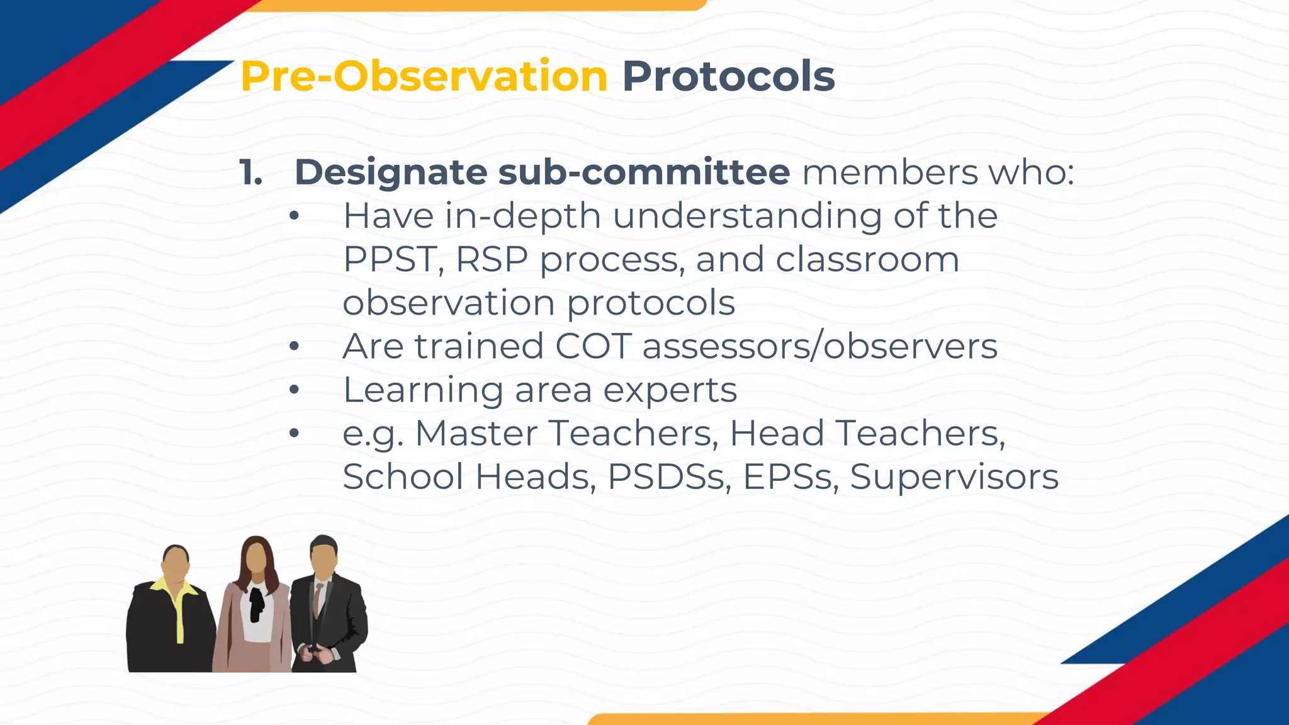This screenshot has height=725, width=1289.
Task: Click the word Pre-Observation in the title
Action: [x=424, y=77]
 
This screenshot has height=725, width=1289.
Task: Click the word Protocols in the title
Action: [x=728, y=77]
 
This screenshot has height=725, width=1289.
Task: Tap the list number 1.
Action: [x=251, y=172]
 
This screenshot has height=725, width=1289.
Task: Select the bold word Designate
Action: [x=391, y=172]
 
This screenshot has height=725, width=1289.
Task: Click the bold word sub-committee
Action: [x=644, y=172]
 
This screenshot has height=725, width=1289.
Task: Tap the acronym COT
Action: [x=593, y=346]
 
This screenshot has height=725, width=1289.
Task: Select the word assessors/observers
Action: [x=819, y=346]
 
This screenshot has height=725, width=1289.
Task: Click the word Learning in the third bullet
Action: [x=422, y=390]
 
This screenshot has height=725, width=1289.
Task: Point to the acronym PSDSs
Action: [x=669, y=476]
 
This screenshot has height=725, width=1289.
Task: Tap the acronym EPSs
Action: [x=791, y=476]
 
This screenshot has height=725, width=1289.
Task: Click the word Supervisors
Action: [x=954, y=476]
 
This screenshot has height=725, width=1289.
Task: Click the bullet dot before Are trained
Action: [x=294, y=347]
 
